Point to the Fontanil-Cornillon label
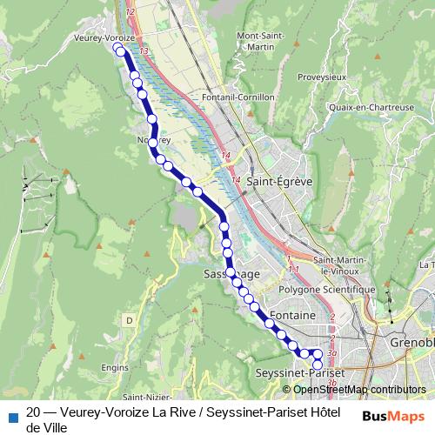pos(238,97)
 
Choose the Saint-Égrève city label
pos(279,182)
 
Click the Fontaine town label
pos(292,313)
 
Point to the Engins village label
pos(115,368)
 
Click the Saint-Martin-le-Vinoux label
pos(344,264)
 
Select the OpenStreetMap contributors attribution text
pos(359,390)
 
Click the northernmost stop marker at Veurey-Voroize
pos(120,50)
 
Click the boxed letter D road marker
pos(129,321)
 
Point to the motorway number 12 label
pos(130,11)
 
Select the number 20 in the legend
pos(34,412)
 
